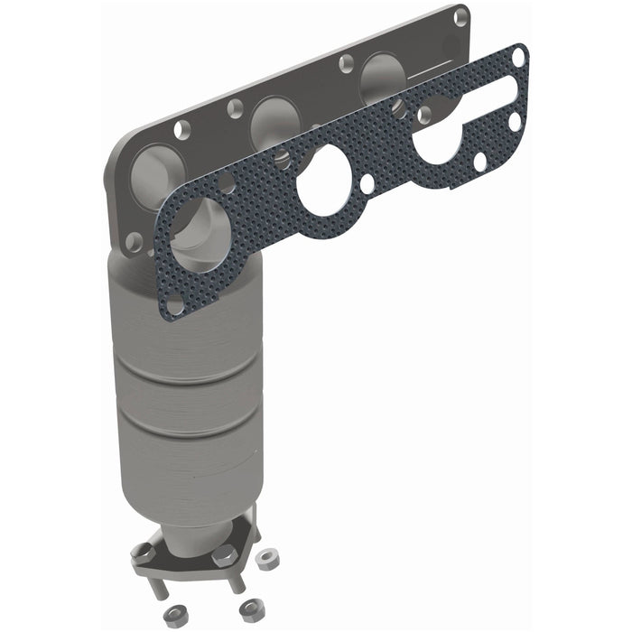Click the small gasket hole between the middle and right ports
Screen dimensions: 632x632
(x=367, y=183)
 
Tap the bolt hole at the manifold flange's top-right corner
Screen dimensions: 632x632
(x=460, y=16)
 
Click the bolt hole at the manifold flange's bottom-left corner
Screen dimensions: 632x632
(x=134, y=240)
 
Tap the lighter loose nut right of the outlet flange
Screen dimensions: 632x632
(x=267, y=560)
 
